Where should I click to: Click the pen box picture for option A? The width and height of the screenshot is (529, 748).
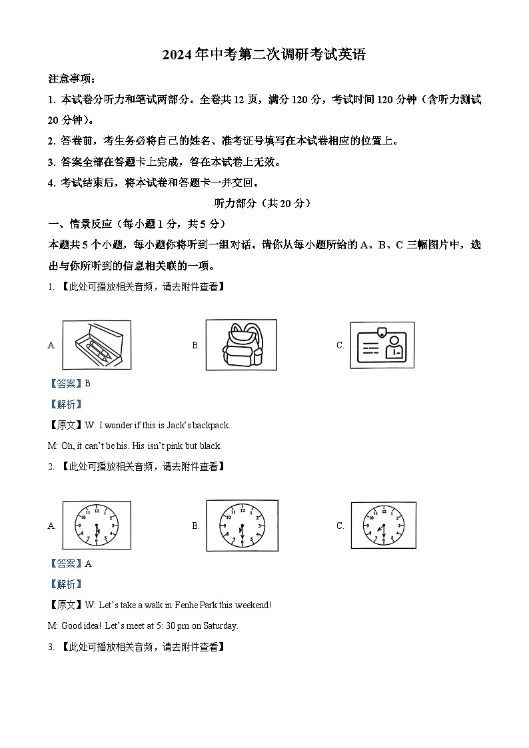click(97, 344)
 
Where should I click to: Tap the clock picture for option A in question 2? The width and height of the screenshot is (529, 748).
click(97, 525)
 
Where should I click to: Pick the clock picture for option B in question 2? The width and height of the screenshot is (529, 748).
click(242, 525)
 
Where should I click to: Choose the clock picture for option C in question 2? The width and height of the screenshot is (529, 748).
click(383, 525)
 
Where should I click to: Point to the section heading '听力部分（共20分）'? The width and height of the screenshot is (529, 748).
click(264, 203)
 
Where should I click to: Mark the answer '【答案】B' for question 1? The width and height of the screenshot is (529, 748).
click(69, 383)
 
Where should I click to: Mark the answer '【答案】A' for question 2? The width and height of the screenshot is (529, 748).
click(69, 563)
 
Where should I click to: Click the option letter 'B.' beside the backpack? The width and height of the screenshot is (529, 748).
click(196, 345)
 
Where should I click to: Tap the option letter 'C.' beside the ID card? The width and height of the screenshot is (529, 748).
click(340, 345)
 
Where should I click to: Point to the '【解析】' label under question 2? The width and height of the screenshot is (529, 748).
click(65, 584)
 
